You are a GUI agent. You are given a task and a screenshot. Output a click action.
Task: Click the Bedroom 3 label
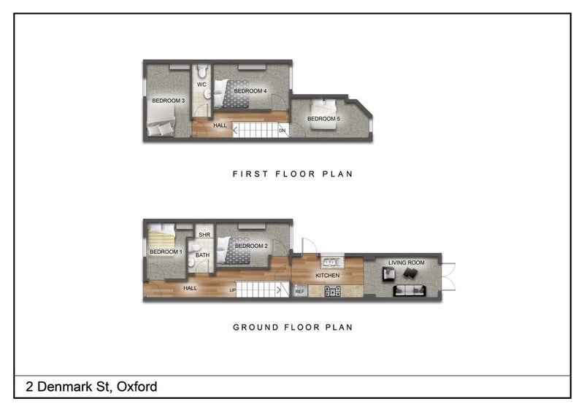(x=169, y=101)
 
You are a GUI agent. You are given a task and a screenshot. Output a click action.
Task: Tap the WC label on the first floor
(x=201, y=85)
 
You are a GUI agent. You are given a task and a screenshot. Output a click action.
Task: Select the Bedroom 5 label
(x=323, y=119)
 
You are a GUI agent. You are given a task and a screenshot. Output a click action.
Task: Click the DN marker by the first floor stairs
(x=283, y=131)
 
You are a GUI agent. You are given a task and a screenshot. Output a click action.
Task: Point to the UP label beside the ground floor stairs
(x=232, y=290)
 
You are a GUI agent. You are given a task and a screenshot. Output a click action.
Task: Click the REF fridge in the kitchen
(x=300, y=291)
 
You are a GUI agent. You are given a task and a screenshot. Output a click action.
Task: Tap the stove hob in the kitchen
(x=332, y=291)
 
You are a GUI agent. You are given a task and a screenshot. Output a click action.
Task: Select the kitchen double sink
(x=332, y=262)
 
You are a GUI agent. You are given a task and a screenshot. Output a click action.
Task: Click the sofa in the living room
(x=410, y=290)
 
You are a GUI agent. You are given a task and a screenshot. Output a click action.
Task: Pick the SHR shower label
(x=204, y=235)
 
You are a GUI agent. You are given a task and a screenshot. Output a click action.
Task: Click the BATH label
(x=203, y=255)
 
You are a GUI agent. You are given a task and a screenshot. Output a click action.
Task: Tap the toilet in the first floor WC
(x=202, y=71)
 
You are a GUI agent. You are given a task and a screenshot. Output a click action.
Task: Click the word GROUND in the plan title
(x=256, y=327)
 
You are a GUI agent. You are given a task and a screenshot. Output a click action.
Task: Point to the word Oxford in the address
(x=137, y=386)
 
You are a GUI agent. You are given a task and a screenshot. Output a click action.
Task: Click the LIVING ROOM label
(x=407, y=263)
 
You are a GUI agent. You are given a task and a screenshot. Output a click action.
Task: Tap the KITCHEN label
(x=327, y=276)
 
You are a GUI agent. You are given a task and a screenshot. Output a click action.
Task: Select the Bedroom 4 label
(x=250, y=91)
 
